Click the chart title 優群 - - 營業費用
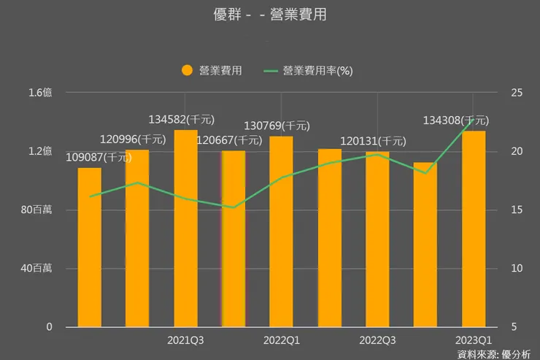pos(269,14)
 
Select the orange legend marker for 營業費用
pos(187,70)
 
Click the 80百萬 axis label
pos(36,210)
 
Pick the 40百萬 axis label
pos(36,268)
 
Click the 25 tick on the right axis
pos(517,93)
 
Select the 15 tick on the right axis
pos(517,210)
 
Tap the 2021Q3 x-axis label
pos(185,340)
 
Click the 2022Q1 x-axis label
pos(281,340)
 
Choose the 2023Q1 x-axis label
pos(474,340)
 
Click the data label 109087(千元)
pos(104,156)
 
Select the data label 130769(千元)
pos(276,126)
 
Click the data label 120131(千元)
pos(373,141)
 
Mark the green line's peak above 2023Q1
pos(474,118)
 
